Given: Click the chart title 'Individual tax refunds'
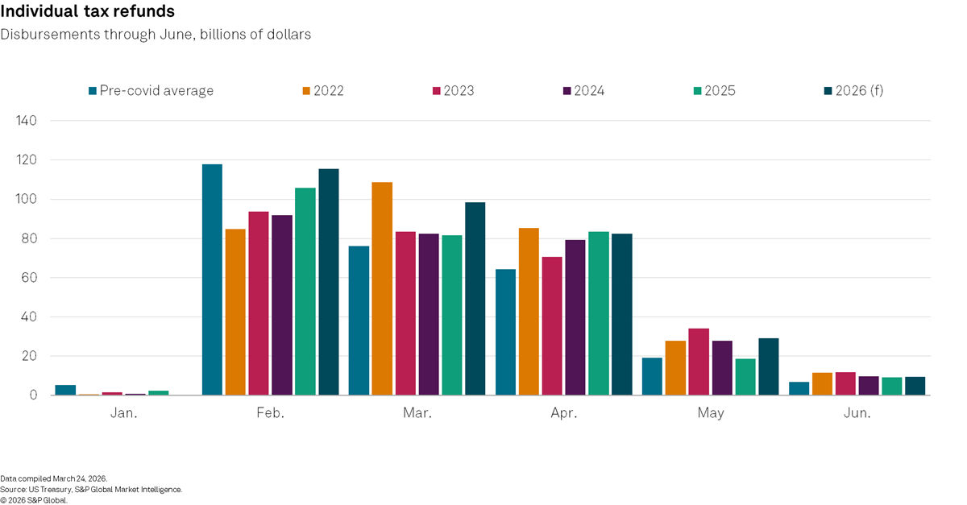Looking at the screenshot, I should pos(88,12).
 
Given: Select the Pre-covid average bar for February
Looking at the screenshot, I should pos(212,279).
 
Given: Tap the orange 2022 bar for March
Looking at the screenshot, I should pos(382,288).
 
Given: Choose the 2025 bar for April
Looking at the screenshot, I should pos(599,313).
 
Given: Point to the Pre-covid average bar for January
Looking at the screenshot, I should pos(65,390).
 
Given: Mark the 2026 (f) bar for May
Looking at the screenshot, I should pos(769,366).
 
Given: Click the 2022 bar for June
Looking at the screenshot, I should pos(822,384).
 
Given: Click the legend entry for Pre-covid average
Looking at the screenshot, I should pos(151,91).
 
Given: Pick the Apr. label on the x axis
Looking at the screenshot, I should pos(564,413).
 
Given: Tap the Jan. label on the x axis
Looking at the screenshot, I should pos(123,413).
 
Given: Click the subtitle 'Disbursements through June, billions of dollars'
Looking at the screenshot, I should pos(156,35).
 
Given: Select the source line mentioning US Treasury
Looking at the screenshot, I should pos(91,489).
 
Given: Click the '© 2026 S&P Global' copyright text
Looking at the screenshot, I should pos(34,499).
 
